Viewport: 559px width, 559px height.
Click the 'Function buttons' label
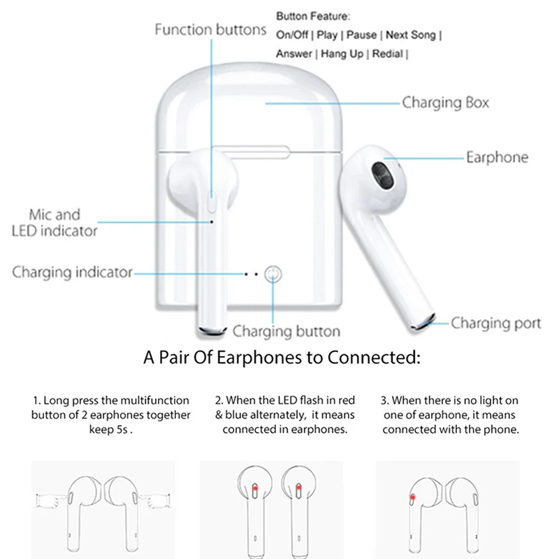210,30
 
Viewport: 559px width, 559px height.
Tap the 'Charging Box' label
445,103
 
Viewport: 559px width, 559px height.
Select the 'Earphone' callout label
498,157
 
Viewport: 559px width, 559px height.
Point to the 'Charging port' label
495,323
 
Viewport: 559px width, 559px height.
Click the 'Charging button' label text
286,331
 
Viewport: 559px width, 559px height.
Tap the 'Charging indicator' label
72,273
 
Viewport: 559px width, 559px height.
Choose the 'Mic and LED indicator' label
55,222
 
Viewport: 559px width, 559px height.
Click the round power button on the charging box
274,274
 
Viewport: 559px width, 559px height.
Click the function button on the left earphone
212,204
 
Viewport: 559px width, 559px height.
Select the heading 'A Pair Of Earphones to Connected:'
282,359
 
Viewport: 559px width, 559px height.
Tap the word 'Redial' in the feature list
387,54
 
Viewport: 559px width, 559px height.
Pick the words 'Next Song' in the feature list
410,35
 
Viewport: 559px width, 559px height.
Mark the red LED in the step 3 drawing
413,497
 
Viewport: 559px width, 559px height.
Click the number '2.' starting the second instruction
219,401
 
